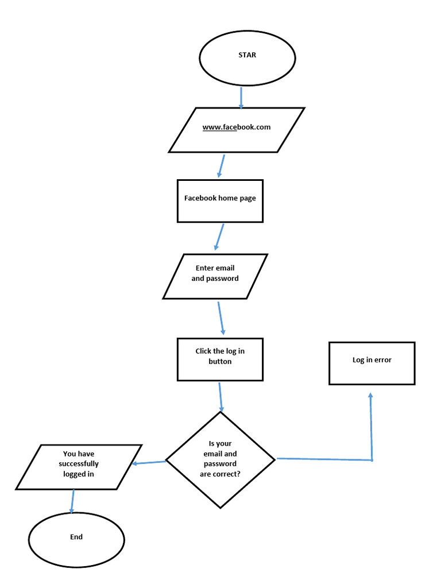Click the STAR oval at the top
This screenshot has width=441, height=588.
point(247,57)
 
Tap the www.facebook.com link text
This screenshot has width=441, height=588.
point(236,127)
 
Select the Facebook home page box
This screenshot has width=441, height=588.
point(220,200)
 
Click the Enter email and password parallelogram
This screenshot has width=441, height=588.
point(215,276)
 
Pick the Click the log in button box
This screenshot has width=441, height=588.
point(220,359)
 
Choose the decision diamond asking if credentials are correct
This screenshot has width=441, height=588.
point(220,459)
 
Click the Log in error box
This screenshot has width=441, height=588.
point(372,362)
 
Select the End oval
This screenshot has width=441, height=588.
point(76,539)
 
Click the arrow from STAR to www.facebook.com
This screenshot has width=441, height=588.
point(241,98)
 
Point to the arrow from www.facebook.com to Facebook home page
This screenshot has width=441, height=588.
point(220,165)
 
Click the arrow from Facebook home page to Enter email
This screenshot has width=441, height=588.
point(219,237)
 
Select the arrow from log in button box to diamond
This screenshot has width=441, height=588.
point(220,396)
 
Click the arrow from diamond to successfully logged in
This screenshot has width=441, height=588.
point(149,463)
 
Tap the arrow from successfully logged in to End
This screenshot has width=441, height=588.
point(72,501)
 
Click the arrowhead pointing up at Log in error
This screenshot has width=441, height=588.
point(370,396)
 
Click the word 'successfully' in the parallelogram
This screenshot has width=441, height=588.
point(79,464)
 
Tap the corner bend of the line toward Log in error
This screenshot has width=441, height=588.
point(372,460)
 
